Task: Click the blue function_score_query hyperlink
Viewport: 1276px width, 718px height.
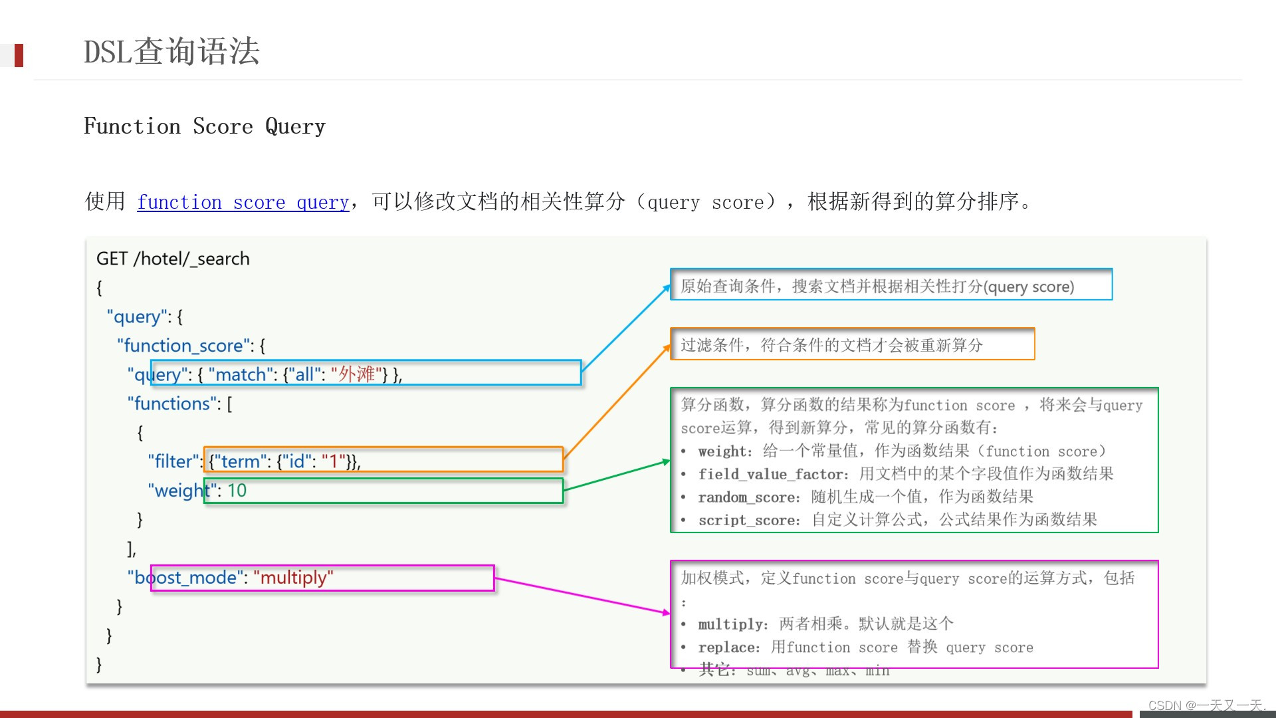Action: click(x=243, y=202)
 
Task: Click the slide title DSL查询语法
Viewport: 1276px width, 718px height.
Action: click(x=171, y=52)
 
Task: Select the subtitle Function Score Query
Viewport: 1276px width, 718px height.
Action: click(x=205, y=126)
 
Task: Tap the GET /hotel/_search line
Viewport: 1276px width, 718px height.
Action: click(x=173, y=259)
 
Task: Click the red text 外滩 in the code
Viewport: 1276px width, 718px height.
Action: click(x=356, y=374)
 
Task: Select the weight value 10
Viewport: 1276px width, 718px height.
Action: click(x=237, y=491)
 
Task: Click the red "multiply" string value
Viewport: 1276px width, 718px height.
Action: click(x=293, y=578)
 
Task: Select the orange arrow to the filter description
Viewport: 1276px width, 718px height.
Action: click(x=617, y=402)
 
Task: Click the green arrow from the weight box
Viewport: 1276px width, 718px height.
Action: click(x=617, y=476)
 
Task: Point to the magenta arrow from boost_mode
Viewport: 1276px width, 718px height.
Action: click(x=582, y=595)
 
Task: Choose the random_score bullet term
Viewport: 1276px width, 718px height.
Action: click(x=748, y=497)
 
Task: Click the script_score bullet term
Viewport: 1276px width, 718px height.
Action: click(x=748, y=521)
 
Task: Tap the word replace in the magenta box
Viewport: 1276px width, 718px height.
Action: click(x=728, y=648)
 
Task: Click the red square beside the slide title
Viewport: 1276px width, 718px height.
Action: click(x=19, y=55)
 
